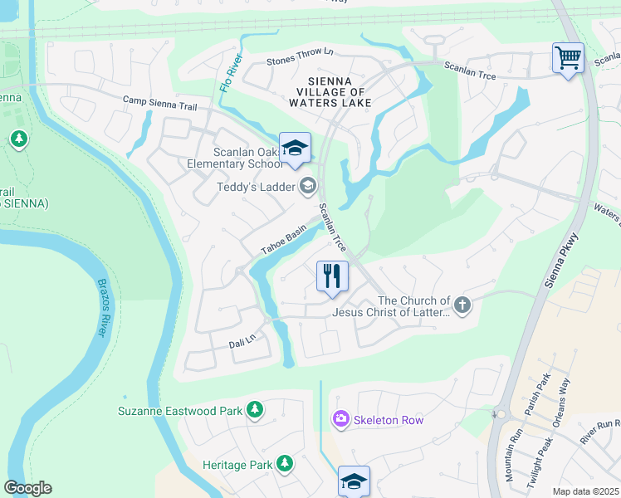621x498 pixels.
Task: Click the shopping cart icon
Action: point(569,59)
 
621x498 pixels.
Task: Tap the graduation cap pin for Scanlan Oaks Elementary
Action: point(295,149)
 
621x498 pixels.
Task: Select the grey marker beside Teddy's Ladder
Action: point(308,186)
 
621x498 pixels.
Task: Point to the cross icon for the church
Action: point(462,305)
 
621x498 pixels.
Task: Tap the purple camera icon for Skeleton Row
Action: point(340,420)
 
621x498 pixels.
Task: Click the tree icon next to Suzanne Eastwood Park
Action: point(255,410)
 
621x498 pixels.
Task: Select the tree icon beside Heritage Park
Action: point(285,463)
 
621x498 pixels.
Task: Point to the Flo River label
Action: point(231,76)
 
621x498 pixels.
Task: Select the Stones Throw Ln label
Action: point(299,56)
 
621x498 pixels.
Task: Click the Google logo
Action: point(27,487)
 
